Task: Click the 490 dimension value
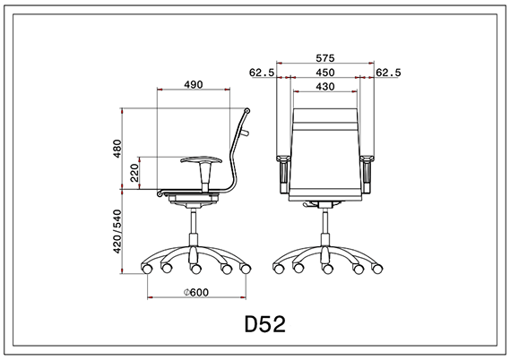(193, 84)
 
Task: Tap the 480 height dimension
(116, 149)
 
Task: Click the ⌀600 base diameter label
(195, 291)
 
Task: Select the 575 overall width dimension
(325, 56)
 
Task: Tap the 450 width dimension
(325, 73)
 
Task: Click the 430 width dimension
(325, 87)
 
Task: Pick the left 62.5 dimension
(262, 73)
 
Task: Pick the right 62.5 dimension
(389, 73)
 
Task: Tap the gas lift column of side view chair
(194, 229)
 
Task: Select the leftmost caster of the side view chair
(146, 268)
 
